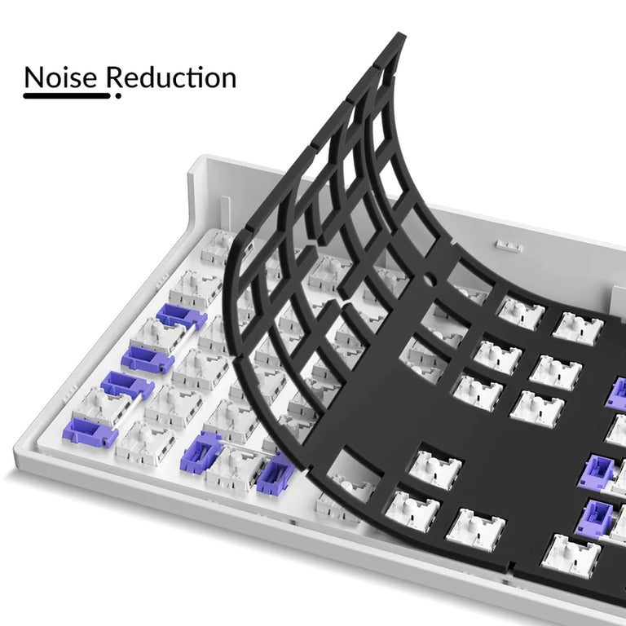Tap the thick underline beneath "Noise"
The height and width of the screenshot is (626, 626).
pyautogui.click(x=66, y=95)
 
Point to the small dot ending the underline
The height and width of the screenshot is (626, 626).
pyautogui.click(x=118, y=96)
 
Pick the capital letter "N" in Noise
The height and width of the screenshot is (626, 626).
pyautogui.click(x=34, y=77)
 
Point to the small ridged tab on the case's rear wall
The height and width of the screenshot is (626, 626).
pyautogui.click(x=508, y=244)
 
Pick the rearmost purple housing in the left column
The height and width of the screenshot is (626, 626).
pyautogui.click(x=181, y=315)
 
